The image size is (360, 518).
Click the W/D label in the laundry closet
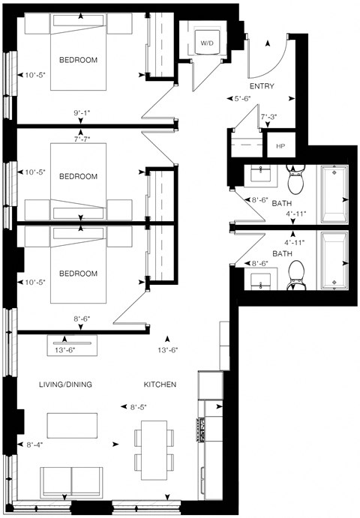pyautogui.click(x=205, y=44)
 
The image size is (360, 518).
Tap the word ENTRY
pyautogui.click(x=262, y=86)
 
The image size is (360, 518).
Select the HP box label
pyautogui.click(x=280, y=145)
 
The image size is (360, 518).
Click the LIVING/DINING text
pyautogui.click(x=65, y=385)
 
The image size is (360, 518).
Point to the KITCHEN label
pyautogui.click(x=160, y=385)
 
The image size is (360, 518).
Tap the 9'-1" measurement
pyautogui.click(x=82, y=114)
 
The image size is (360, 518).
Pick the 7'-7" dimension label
pyautogui.click(x=82, y=138)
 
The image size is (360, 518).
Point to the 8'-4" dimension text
pyautogui.click(x=35, y=445)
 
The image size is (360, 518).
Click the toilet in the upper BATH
pyautogui.click(x=295, y=179)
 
